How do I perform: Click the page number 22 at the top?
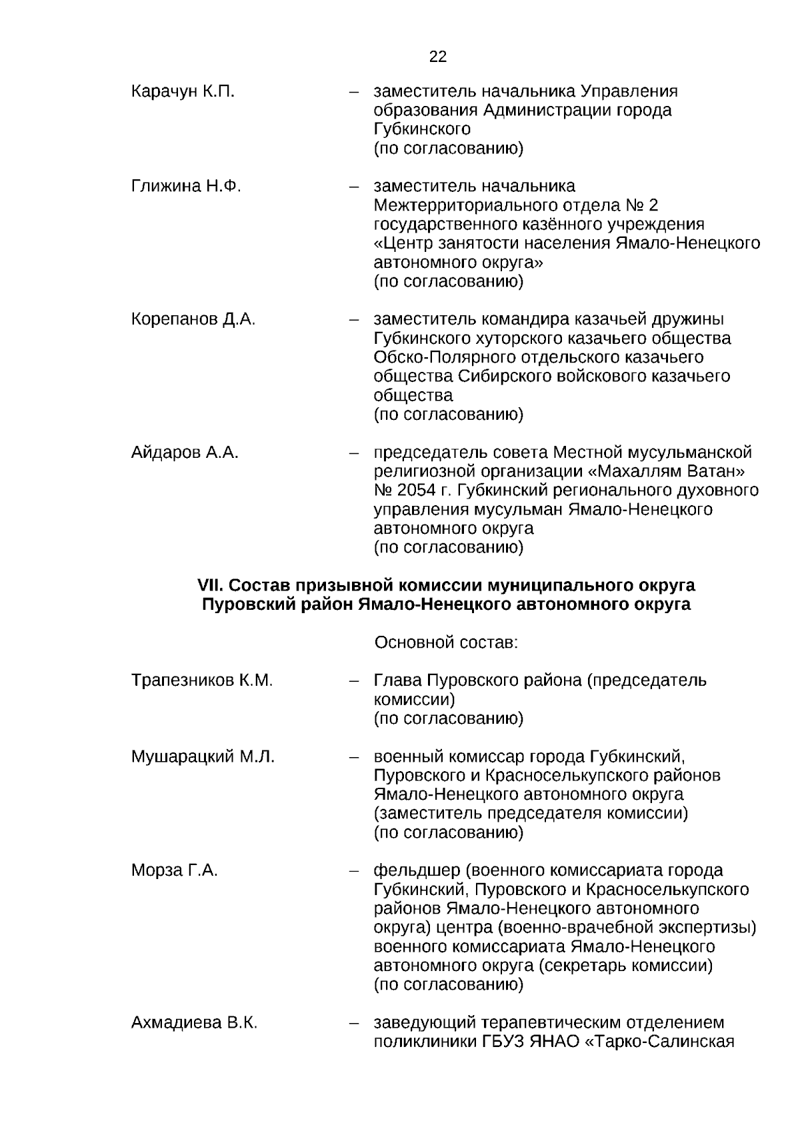[438, 57]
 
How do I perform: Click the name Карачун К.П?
[183, 91]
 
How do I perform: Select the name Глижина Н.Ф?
[186, 186]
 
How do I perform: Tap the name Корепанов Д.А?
[193, 319]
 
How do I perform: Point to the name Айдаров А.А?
[185, 453]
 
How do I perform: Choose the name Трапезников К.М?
[202, 680]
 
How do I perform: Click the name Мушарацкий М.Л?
[203, 756]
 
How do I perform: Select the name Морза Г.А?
[175, 870]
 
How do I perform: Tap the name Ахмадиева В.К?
[194, 1022]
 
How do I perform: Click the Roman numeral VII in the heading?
[209, 585]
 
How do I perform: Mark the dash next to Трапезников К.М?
[354, 680]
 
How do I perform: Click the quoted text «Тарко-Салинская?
[659, 1042]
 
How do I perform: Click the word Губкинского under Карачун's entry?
[422, 129]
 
